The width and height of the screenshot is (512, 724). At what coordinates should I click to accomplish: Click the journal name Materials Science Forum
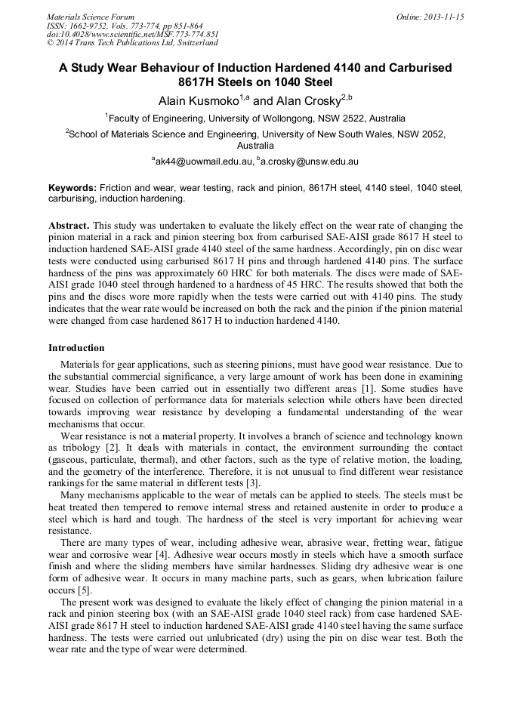tap(91, 17)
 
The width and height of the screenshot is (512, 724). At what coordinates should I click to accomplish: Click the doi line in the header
tap(132, 34)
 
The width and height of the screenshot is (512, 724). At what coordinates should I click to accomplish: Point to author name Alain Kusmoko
tap(198, 100)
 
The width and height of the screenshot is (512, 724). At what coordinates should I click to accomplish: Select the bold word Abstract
tap(69, 226)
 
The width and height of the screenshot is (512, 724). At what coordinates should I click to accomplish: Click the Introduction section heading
tap(76, 348)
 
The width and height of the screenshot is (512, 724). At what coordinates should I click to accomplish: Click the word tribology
tap(79, 448)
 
